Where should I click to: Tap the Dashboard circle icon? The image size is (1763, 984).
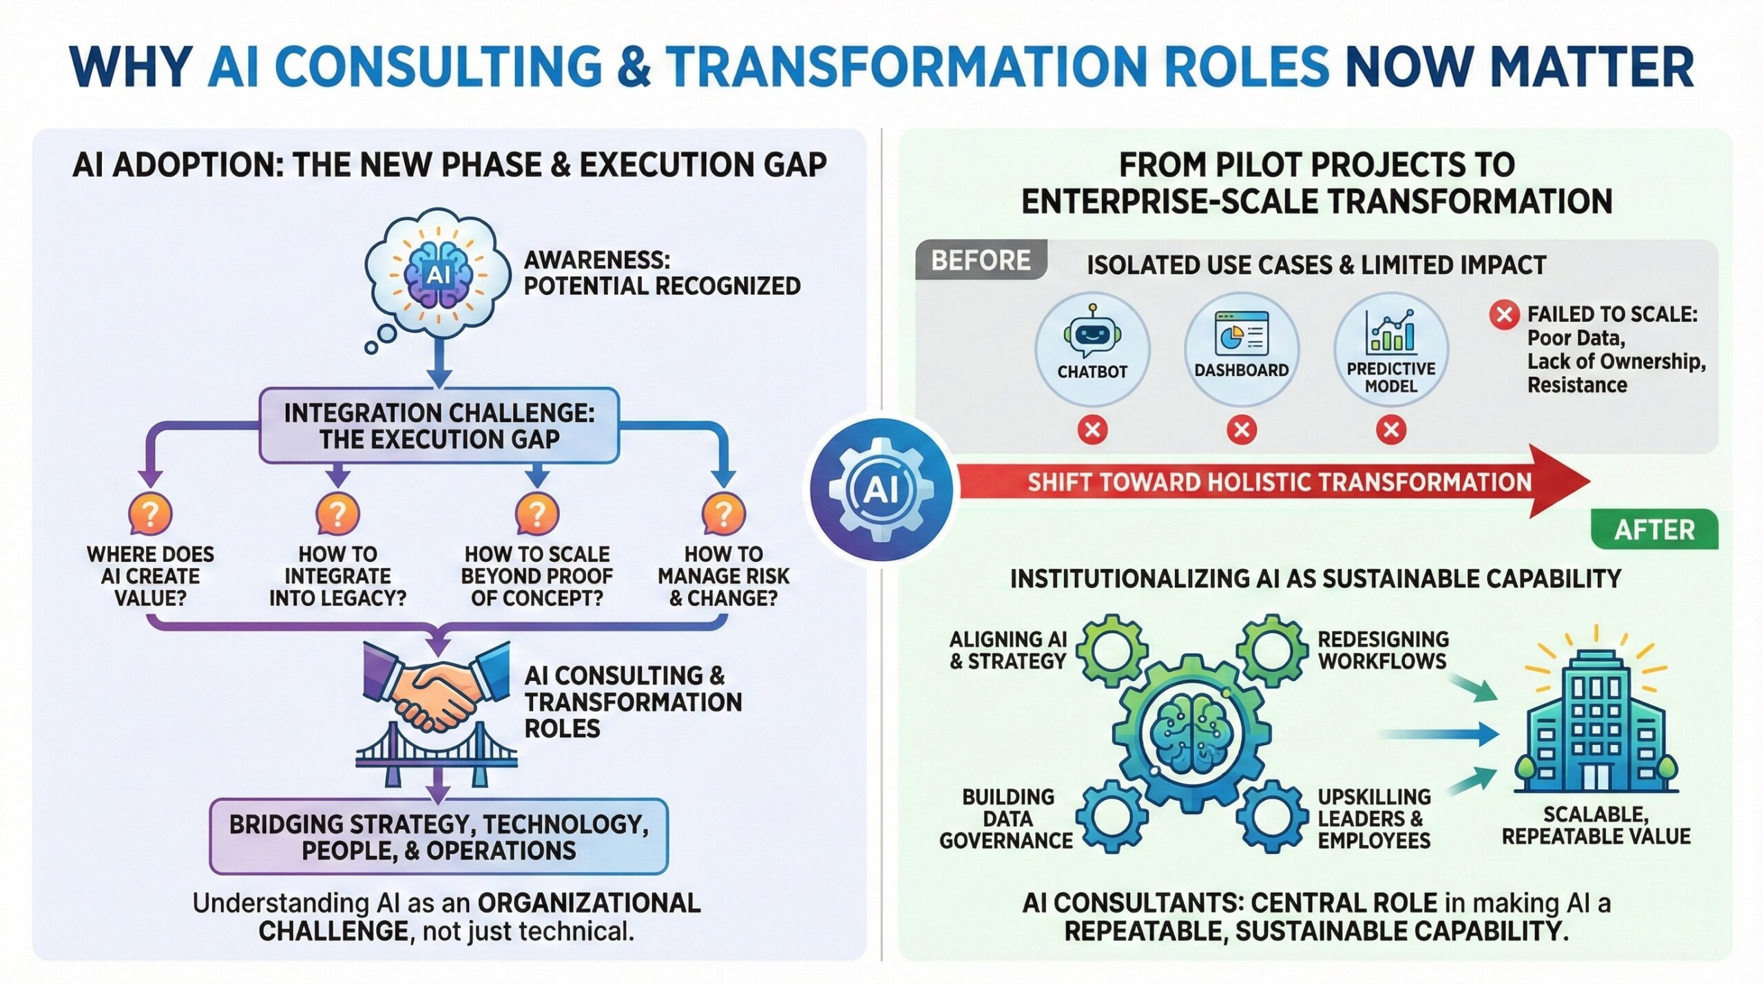tap(1241, 349)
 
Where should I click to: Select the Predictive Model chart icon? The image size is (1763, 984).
tap(1390, 331)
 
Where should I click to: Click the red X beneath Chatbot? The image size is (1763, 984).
tap(1092, 430)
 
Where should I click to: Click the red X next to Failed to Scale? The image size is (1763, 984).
tap(1504, 315)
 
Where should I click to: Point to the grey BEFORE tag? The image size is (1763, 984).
tap(981, 260)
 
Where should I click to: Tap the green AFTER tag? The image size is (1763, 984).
tap(1654, 530)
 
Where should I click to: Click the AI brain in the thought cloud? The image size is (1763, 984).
tap(438, 275)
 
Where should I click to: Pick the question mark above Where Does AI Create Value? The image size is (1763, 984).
tap(150, 514)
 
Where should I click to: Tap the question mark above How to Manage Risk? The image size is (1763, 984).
tap(723, 514)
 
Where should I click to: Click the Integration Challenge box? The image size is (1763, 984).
tap(439, 426)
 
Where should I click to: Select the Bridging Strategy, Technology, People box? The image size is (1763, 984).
tap(439, 837)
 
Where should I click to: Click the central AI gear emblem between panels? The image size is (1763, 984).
tap(881, 490)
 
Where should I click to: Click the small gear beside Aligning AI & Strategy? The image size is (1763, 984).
tap(1112, 651)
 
